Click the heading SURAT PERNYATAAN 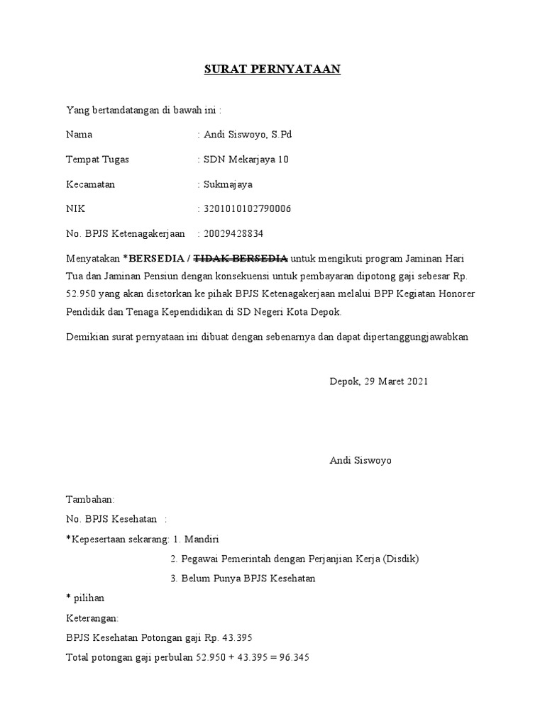pos(272,69)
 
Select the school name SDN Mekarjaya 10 pos(246,160)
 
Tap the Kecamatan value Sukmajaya pos(228,184)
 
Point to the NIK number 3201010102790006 pos(247,209)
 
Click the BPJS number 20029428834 pos(237,233)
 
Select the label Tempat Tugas pos(97,160)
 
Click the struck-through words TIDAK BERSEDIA pos(241,258)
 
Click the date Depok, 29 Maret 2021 pos(379,381)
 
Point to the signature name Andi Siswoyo pos(360,461)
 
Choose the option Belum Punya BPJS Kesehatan pos(248,579)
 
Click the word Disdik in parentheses pos(402,559)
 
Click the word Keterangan pos(92,618)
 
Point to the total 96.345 pos(294,658)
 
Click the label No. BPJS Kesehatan pos(111,520)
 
